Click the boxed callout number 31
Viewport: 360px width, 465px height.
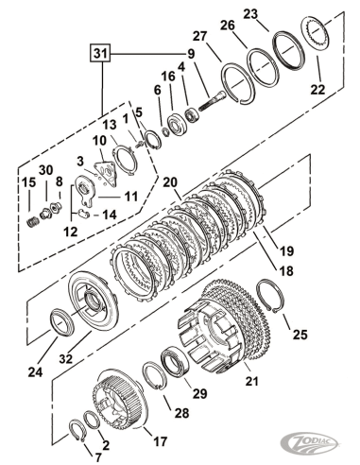[x=99, y=54]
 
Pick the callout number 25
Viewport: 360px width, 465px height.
[x=300, y=335]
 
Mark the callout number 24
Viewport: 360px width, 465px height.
[x=35, y=371]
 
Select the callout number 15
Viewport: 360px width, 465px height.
[x=28, y=181]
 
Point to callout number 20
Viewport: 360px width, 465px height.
[x=171, y=181]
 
